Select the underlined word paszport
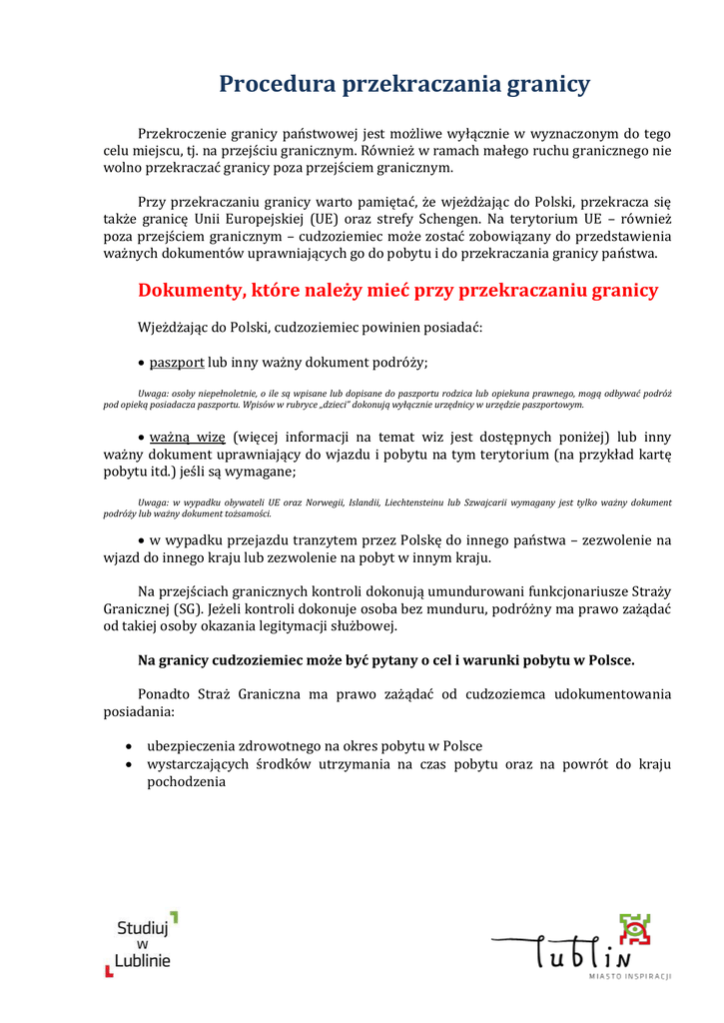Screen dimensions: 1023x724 pos(177,363)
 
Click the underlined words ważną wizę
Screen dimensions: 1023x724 pos(188,437)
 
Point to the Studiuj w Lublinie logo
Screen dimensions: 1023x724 pos(143,943)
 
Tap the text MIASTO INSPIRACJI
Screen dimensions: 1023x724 pos(630,975)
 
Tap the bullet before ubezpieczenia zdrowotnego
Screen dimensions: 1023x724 pos(131,746)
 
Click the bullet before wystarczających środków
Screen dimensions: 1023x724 pos(131,764)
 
